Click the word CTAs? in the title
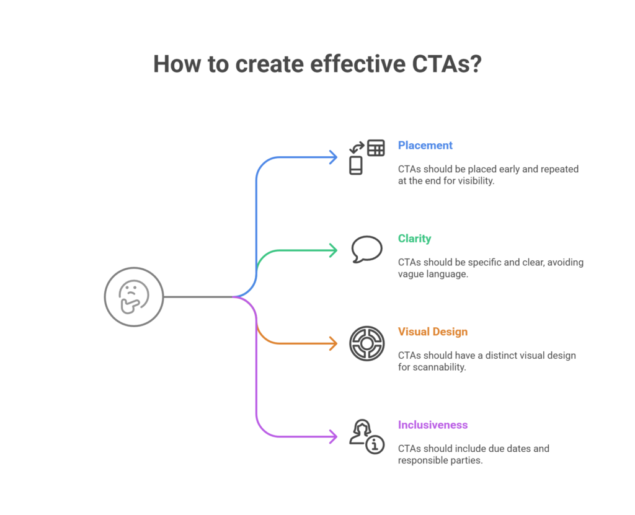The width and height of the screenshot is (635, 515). pyautogui.click(x=447, y=64)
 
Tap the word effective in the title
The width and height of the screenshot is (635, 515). pyautogui.click(x=358, y=64)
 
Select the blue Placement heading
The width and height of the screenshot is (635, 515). pyautogui.click(x=425, y=146)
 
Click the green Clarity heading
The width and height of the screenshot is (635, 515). pyautogui.click(x=414, y=239)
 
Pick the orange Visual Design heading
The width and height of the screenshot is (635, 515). pyautogui.click(x=432, y=332)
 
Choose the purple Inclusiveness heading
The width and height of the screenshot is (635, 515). pyautogui.click(x=432, y=425)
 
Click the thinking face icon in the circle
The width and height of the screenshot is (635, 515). pyautogui.click(x=133, y=297)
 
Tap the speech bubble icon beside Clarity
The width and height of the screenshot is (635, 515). pyautogui.click(x=366, y=249)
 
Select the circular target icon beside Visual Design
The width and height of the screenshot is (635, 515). pyautogui.click(x=367, y=343)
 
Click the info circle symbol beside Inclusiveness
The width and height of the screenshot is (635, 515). pyautogui.click(x=375, y=445)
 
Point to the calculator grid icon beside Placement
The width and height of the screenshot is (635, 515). pyautogui.click(x=376, y=147)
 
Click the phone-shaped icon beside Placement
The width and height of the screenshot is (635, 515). pyautogui.click(x=355, y=165)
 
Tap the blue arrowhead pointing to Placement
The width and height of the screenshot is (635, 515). pyautogui.click(x=334, y=157)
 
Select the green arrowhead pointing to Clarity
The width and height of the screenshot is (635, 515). pyautogui.click(x=334, y=250)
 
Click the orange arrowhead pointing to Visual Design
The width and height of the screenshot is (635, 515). pyautogui.click(x=334, y=343)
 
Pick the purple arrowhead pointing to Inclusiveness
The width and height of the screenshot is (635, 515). pyautogui.click(x=334, y=436)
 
